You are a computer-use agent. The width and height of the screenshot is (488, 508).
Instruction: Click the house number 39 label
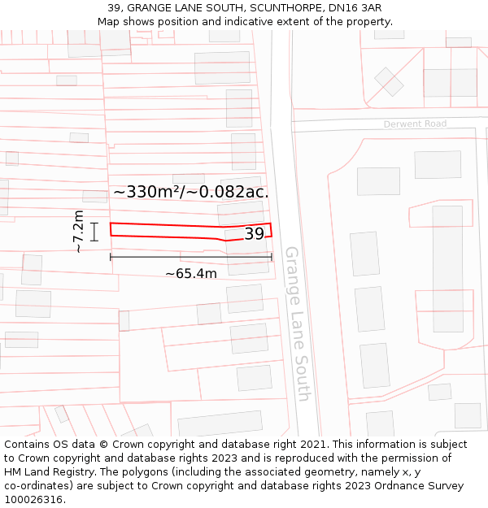coord(254,234)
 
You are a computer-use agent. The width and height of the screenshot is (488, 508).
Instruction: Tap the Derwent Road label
coord(415,124)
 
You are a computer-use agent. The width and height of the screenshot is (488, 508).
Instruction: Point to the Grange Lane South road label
coord(297,323)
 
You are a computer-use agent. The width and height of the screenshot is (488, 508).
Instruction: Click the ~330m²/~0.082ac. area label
coord(190,192)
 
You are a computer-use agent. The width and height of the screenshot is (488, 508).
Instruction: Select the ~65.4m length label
coord(191,274)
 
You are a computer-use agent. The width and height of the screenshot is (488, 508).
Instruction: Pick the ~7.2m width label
coord(78,232)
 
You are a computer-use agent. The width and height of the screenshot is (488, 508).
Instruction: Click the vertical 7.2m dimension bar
coord(94,232)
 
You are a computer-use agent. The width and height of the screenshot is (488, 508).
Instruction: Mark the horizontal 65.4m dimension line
coord(191,257)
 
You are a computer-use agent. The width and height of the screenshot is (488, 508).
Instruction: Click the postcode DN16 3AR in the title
coord(355,8)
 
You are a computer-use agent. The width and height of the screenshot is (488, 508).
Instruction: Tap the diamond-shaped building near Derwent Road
coord(389,81)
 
